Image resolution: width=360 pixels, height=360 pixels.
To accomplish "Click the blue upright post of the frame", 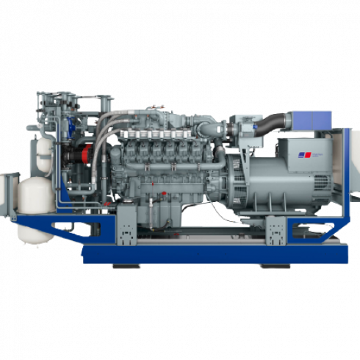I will [x=340, y=184].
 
